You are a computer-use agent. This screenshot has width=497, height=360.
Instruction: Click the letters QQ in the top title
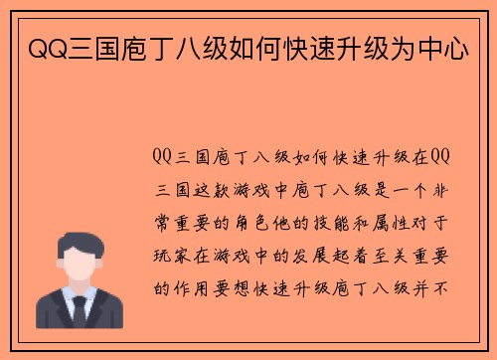click(41, 47)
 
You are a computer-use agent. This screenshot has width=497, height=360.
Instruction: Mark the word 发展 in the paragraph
click(317, 255)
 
